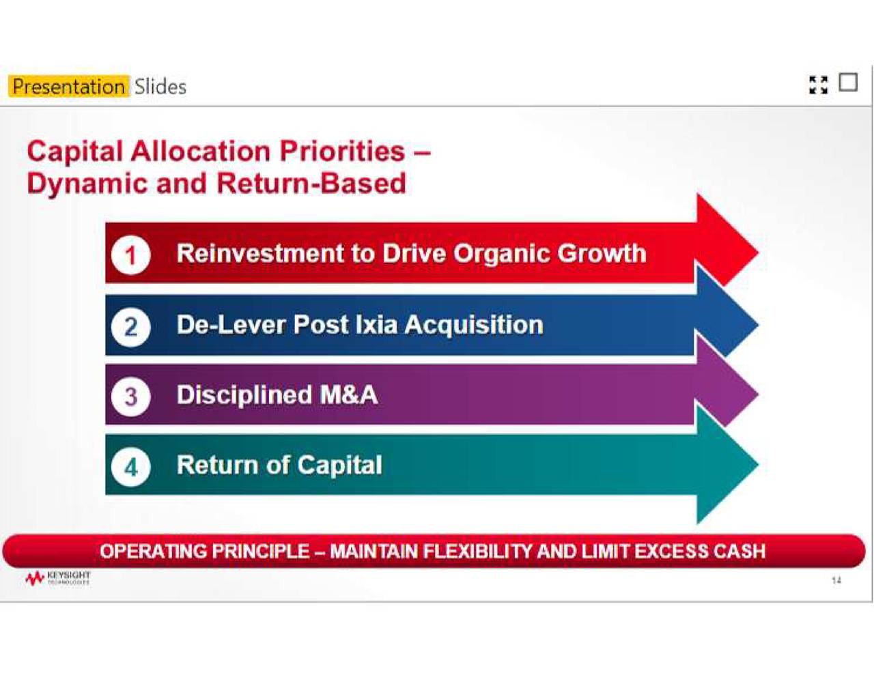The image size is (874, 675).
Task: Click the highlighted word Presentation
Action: (x=68, y=87)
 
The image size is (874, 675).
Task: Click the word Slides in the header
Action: (x=160, y=87)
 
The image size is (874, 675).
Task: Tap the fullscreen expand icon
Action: (x=818, y=85)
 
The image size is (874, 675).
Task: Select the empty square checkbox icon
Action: (x=848, y=83)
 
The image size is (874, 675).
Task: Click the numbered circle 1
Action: (x=130, y=255)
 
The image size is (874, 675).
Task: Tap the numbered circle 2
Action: (x=130, y=327)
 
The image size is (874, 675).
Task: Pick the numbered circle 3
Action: (x=130, y=397)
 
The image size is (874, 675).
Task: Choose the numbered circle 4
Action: (x=130, y=468)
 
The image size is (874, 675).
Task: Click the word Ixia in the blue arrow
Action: (x=376, y=325)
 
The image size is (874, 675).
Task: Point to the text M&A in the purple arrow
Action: (x=348, y=395)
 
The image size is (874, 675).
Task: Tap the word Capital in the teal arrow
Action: (x=339, y=465)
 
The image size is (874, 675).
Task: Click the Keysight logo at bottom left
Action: (x=57, y=579)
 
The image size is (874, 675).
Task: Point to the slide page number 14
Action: (x=836, y=580)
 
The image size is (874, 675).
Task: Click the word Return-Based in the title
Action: (x=311, y=184)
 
